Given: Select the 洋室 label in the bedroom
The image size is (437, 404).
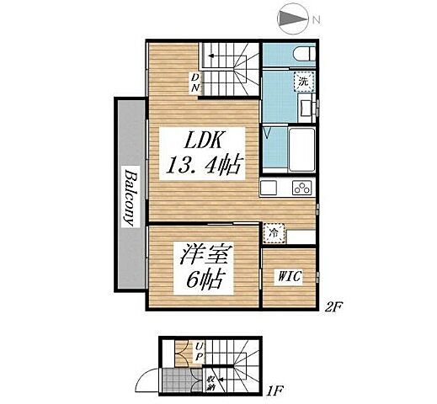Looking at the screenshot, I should pos(205,252).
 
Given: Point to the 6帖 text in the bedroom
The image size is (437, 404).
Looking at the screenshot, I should pos(204,280).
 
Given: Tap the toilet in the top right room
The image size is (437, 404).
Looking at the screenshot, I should pos(301,53).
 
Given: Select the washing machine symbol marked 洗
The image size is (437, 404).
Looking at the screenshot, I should pos(301,82).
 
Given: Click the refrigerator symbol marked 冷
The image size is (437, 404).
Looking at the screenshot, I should pos(274,231).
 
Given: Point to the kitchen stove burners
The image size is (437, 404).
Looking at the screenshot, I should pos(301,187).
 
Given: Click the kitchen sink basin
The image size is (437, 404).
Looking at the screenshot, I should pos(269,187).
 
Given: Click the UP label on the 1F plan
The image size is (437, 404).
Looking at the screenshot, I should pos(199,350).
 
